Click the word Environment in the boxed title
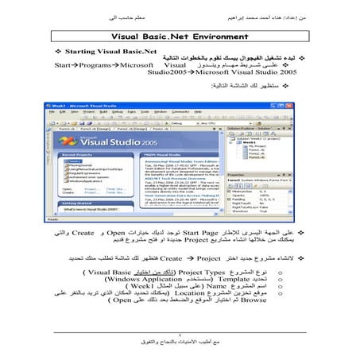[x=231, y=36]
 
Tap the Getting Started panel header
[x=83, y=203]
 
